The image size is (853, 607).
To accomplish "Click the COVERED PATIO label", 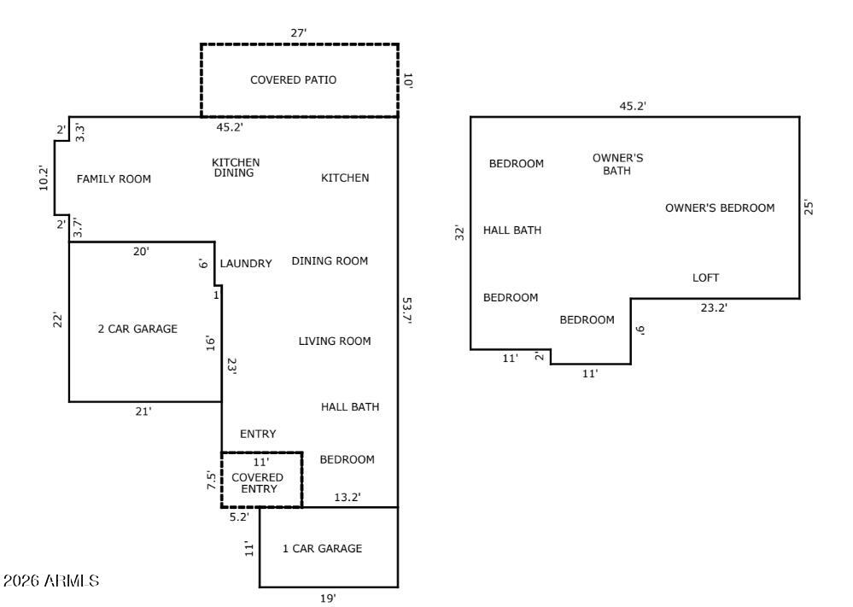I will (x=293, y=80).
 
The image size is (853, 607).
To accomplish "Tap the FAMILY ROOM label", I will (x=114, y=179).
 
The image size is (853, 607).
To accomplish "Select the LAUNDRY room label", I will (x=246, y=264).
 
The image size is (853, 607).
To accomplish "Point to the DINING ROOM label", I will (x=330, y=261).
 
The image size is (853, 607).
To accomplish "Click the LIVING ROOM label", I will (x=335, y=341).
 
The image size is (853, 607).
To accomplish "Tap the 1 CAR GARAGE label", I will (x=322, y=549).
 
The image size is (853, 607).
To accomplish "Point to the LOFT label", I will (x=705, y=278).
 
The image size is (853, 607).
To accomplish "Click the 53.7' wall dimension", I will (x=407, y=312).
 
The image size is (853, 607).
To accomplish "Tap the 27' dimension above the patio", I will (x=299, y=33).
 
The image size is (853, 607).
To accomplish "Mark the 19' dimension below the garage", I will (x=328, y=598).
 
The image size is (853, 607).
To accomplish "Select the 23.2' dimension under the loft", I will (x=714, y=308).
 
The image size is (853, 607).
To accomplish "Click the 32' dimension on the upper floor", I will (x=459, y=232).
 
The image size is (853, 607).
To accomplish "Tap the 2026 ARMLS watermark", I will (x=51, y=581).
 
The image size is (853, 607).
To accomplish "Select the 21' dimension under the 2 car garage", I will (x=143, y=411).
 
